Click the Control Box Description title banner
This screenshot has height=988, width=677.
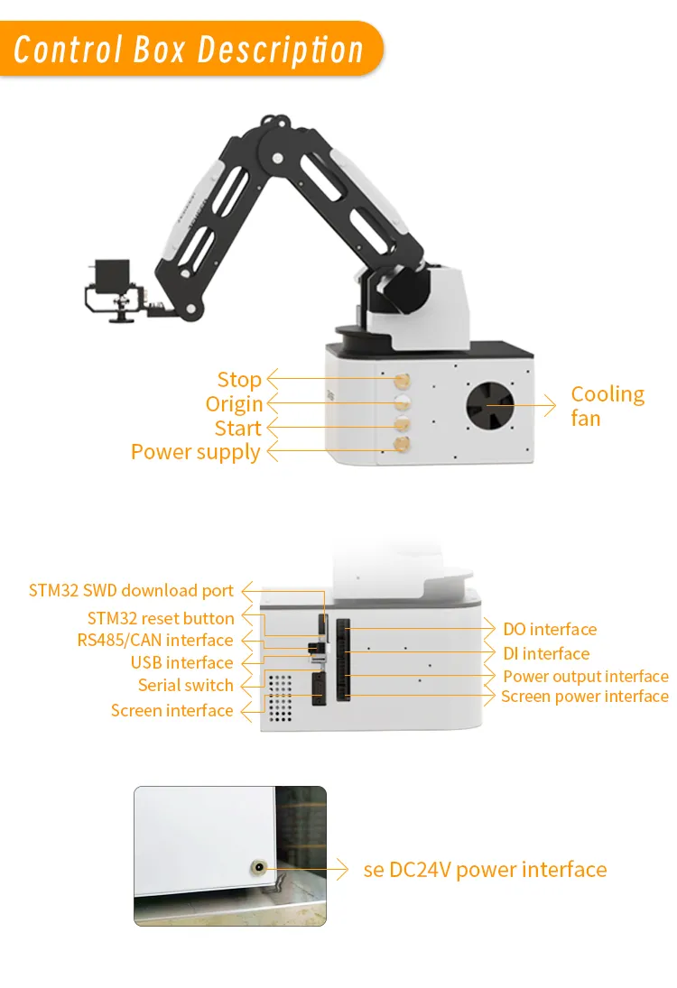[x=190, y=49]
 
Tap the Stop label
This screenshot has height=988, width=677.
[x=239, y=380]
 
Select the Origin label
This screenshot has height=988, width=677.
[x=234, y=404]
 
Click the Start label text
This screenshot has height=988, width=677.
[x=237, y=429]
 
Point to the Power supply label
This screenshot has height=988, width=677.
[x=196, y=452]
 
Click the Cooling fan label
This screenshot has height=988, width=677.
[x=607, y=406]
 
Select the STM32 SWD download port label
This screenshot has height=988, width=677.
[x=131, y=591]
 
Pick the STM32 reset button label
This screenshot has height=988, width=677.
[x=161, y=619]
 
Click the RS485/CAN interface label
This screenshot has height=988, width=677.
[x=155, y=641]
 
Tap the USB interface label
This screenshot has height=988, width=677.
[x=181, y=663]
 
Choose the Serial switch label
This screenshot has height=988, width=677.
[x=186, y=686]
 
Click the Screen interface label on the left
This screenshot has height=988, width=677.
[x=172, y=711]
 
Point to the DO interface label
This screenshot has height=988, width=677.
[x=550, y=630]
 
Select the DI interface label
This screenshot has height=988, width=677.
[x=546, y=654]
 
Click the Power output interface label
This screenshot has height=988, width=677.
[x=585, y=677]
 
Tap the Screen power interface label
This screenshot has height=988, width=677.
[x=584, y=697]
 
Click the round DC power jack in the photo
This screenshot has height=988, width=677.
[x=259, y=869]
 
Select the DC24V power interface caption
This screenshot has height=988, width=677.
[x=485, y=870]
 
